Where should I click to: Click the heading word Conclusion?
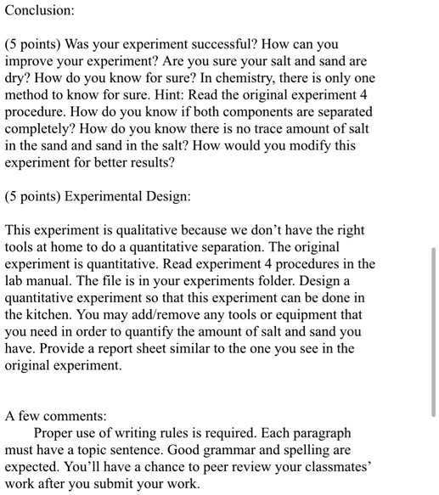pos(40,11)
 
